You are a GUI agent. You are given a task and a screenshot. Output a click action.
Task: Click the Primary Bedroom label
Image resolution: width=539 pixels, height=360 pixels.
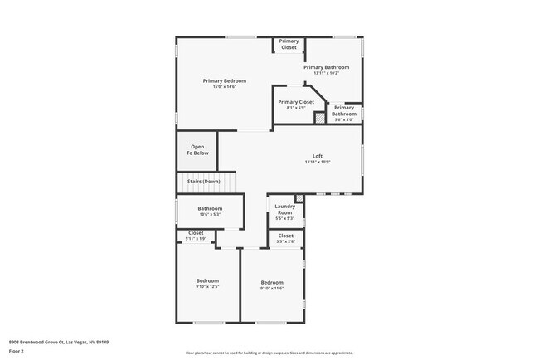point(226,80)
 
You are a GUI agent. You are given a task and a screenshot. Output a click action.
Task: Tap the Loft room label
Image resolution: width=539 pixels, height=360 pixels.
point(318,156)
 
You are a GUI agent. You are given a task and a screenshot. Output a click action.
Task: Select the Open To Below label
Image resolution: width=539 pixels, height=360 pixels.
point(197,150)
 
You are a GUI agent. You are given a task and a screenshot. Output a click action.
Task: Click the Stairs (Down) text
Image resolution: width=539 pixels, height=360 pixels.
point(203,182)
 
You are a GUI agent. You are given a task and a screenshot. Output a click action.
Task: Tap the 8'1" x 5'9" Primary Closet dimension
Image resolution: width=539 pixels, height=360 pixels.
point(296,108)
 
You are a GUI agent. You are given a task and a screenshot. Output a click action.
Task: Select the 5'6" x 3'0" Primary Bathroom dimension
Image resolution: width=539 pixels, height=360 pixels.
point(344,119)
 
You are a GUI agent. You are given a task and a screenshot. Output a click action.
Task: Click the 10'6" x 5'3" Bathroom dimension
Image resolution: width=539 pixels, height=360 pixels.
point(210,215)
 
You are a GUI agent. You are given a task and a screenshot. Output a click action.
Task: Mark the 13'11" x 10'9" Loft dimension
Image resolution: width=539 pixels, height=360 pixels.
point(318,163)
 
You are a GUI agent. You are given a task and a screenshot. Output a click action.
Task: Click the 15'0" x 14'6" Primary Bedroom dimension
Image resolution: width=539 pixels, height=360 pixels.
point(226,86)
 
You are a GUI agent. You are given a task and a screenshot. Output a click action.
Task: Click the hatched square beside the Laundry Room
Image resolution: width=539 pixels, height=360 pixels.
point(299,199)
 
